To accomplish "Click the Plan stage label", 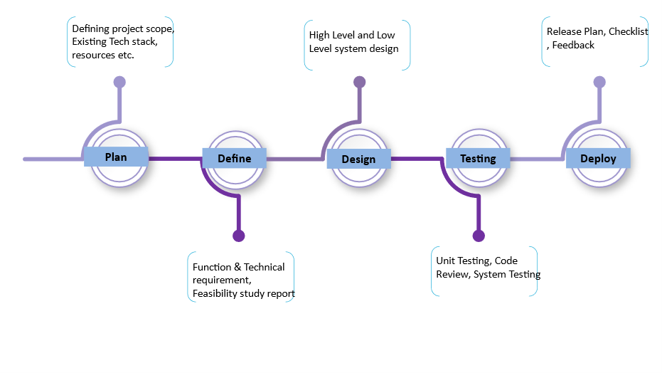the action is [x=116, y=157].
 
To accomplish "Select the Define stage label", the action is [x=235, y=159].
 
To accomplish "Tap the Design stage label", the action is [x=358, y=159].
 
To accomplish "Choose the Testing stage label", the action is [x=478, y=159].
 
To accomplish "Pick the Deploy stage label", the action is [x=598, y=159].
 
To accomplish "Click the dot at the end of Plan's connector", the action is [x=119, y=82].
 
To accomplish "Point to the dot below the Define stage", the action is [x=238, y=236].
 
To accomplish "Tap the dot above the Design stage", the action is [x=359, y=82].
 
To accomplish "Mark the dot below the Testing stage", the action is [x=479, y=236].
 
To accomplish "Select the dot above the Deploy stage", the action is [x=599, y=82].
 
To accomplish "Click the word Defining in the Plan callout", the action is [x=91, y=29].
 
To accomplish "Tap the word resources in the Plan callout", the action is [x=94, y=56].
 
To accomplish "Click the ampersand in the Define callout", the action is [x=237, y=267].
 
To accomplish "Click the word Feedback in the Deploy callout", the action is [x=573, y=45].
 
